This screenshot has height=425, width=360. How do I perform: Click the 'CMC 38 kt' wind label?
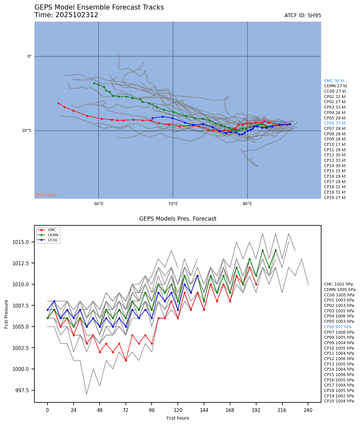(x=334, y=81)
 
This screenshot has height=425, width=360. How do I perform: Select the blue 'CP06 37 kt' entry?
(x=335, y=123)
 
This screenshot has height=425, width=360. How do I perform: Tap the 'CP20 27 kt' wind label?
(x=335, y=198)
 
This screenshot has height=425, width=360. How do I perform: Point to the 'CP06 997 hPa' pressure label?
(x=337, y=327)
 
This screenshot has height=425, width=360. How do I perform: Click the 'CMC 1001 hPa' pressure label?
(x=338, y=284)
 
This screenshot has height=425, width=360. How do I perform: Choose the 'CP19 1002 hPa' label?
(x=339, y=396)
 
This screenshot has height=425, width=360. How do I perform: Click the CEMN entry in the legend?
(x=53, y=235)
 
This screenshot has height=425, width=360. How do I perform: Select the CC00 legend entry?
(x=53, y=240)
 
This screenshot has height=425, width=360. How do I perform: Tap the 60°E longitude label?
(x=99, y=204)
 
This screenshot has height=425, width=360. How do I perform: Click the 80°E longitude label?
(x=248, y=204)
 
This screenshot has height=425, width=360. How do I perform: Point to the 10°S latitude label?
(x=27, y=131)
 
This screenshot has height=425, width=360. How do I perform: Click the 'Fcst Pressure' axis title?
(x=6, y=314)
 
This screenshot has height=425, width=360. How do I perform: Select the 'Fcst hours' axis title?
(x=178, y=418)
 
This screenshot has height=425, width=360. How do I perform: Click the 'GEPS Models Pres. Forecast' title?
(x=178, y=219)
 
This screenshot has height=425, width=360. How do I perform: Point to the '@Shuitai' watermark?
(x=46, y=195)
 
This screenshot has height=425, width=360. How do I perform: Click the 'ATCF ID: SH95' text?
(x=303, y=16)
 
